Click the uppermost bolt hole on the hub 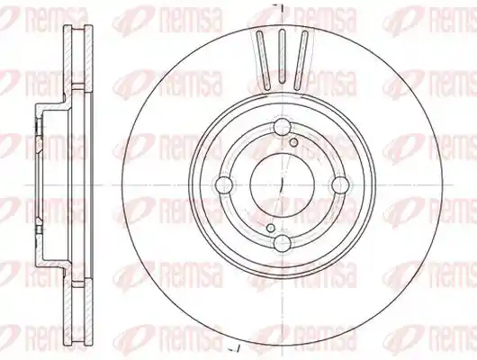tap(283, 127)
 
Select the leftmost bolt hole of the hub tap(224, 184)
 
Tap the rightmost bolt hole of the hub tap(340, 184)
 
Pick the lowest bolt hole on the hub tap(283, 243)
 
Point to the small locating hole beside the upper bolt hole tap(293, 142)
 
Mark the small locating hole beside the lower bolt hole tap(270, 228)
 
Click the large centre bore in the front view tap(282, 184)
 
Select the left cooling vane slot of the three tap(264, 60)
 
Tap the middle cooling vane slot tap(282, 56)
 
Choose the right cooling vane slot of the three tap(301, 60)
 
